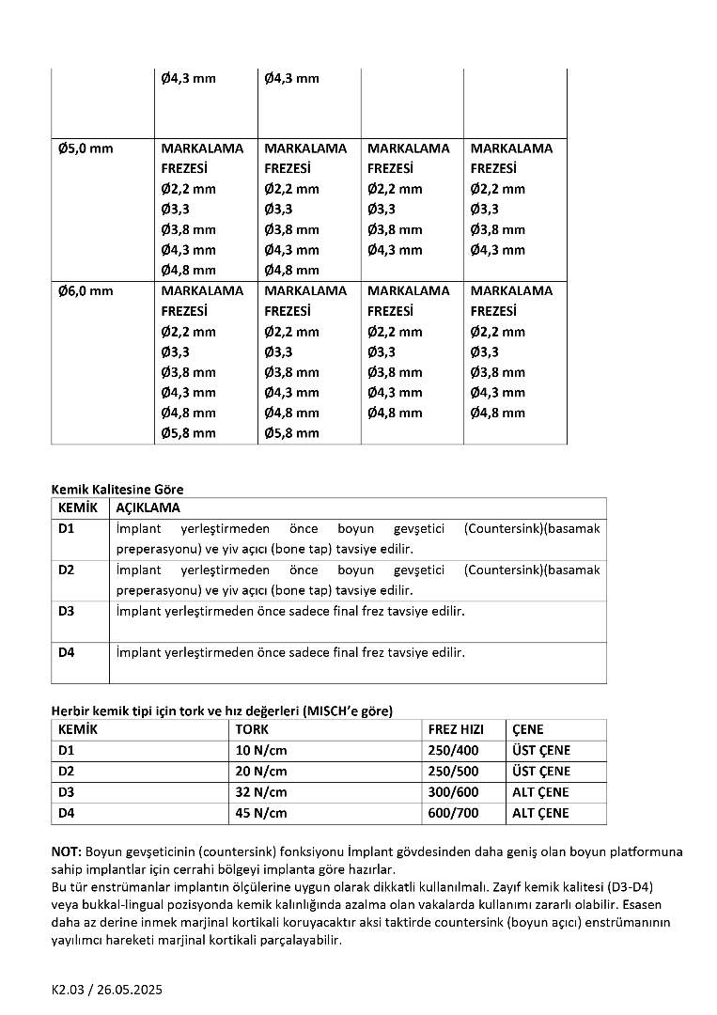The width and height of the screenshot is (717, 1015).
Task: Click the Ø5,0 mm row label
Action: (86, 148)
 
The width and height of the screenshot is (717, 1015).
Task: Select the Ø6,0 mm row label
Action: (86, 291)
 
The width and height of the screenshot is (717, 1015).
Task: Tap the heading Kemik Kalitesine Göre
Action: (117, 489)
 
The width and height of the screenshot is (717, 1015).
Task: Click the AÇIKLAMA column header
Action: (148, 507)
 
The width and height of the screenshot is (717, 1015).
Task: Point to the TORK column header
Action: (253, 729)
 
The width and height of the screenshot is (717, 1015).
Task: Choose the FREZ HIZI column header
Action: (456, 729)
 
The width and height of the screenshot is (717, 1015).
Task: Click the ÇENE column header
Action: (528, 729)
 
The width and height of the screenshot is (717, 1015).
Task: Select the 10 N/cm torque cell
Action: (261, 750)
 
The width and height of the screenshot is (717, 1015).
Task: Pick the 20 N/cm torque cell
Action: (261, 772)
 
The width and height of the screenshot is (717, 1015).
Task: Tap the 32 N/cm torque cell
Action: (261, 792)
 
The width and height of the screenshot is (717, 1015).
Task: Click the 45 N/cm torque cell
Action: (261, 813)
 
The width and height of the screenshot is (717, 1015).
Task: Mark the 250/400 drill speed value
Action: (453, 750)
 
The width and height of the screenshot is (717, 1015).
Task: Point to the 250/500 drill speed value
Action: (453, 772)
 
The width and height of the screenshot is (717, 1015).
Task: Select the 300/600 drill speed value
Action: (453, 792)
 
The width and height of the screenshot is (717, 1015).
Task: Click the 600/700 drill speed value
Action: (453, 813)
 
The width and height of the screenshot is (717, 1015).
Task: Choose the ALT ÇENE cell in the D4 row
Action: (540, 813)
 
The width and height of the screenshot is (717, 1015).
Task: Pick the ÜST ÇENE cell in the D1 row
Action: (541, 750)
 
